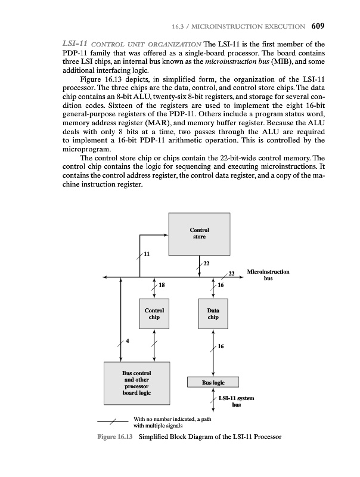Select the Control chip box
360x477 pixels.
coord(154,314)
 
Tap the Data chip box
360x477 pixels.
coord(213,314)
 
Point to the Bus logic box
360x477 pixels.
coord(213,382)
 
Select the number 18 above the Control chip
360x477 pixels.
coord(162,286)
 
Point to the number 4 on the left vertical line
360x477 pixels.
coord(126,340)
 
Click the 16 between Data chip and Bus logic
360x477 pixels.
coord(221,346)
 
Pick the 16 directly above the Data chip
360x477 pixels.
coord(221,286)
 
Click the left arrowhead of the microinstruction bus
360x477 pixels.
coord(105,277)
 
